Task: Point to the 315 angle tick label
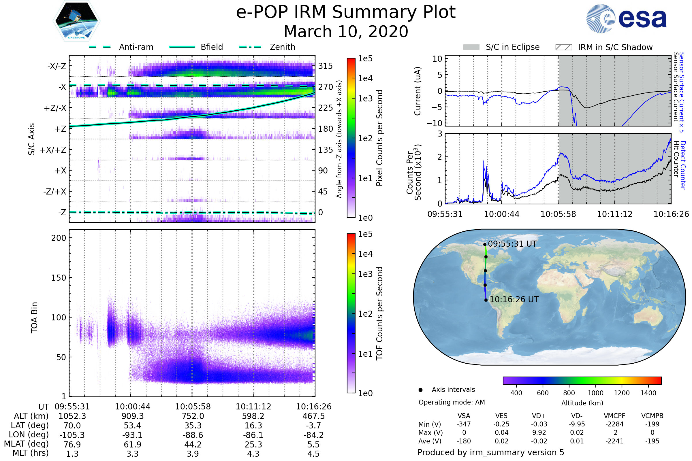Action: (325, 66)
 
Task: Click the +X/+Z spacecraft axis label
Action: (53, 150)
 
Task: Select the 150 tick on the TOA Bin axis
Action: (59, 278)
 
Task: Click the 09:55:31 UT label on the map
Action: (512, 244)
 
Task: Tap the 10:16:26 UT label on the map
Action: (514, 300)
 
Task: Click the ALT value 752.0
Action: (193, 416)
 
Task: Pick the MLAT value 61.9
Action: (132, 445)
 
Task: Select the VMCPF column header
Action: (614, 416)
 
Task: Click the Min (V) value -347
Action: (464, 424)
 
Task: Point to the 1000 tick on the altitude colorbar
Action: (595, 393)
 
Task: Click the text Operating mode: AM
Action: (452, 402)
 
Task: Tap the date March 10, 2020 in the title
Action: (346, 31)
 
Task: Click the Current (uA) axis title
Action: (418, 91)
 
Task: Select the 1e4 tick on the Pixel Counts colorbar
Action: (365, 78)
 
